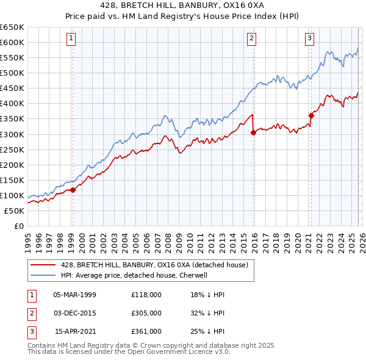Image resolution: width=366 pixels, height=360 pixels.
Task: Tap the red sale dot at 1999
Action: coord(73,190)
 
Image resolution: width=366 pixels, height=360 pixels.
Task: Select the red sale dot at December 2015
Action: coord(253,132)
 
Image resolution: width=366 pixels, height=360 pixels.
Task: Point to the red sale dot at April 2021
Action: coord(310,115)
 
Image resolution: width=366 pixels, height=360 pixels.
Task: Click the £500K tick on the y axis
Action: coord(12,73)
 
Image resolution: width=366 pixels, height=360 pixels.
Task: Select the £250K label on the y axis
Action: coord(12,149)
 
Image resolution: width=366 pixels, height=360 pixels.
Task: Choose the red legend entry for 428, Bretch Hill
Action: coord(154,265)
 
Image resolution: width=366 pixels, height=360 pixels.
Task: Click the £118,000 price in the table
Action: coord(146,295)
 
